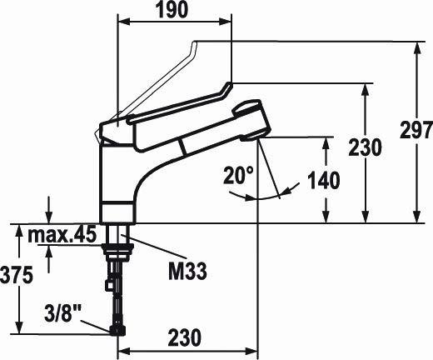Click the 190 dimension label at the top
pyautogui.click(x=172, y=11)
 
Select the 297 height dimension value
pyautogui.click(x=416, y=130)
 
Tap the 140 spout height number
pyautogui.click(x=324, y=180)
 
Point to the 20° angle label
pyautogui.click(x=239, y=175)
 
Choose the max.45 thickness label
pyautogui.click(x=62, y=235)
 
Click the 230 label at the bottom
pyautogui.click(x=185, y=337)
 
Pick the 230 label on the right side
pyautogui.click(x=366, y=147)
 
